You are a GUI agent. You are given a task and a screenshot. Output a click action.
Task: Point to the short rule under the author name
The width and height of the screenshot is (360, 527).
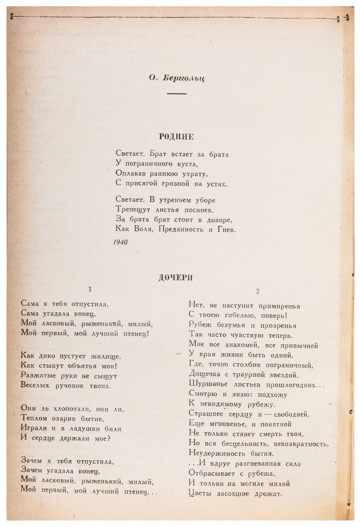[177, 94]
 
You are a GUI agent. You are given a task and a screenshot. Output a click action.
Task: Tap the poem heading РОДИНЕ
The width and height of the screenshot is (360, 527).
[176, 137]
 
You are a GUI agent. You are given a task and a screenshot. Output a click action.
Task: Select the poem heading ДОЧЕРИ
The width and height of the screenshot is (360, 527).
[176, 277]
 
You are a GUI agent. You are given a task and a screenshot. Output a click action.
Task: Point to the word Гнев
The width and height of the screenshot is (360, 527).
[225, 229]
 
